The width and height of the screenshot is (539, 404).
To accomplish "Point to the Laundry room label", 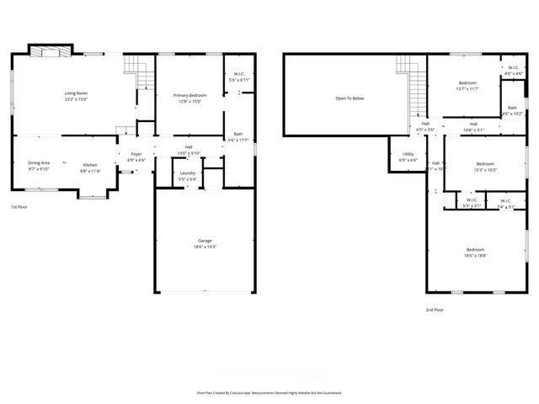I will click(188, 173).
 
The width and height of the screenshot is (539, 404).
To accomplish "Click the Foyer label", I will click(136, 154).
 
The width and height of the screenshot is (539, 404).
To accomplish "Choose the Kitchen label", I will click(90, 165).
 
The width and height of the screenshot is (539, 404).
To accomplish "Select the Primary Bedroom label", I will click(189, 95).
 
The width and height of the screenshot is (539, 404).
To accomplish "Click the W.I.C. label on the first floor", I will click(238, 73).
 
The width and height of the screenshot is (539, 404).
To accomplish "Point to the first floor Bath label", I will click(238, 134).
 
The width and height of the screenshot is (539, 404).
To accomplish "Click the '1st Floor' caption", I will click(20, 206).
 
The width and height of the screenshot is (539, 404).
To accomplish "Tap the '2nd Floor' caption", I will click(435, 310).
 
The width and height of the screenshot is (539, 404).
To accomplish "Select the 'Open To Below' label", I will click(350, 98).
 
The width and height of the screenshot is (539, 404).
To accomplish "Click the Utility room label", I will click(408, 154).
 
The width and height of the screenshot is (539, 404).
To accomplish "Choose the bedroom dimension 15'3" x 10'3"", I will click(485, 170).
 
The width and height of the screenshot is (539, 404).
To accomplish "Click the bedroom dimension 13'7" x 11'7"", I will click(467, 88).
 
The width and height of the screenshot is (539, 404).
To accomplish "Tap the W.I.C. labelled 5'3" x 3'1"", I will click(472, 205).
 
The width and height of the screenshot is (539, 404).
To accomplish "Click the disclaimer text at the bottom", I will click(269, 392).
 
